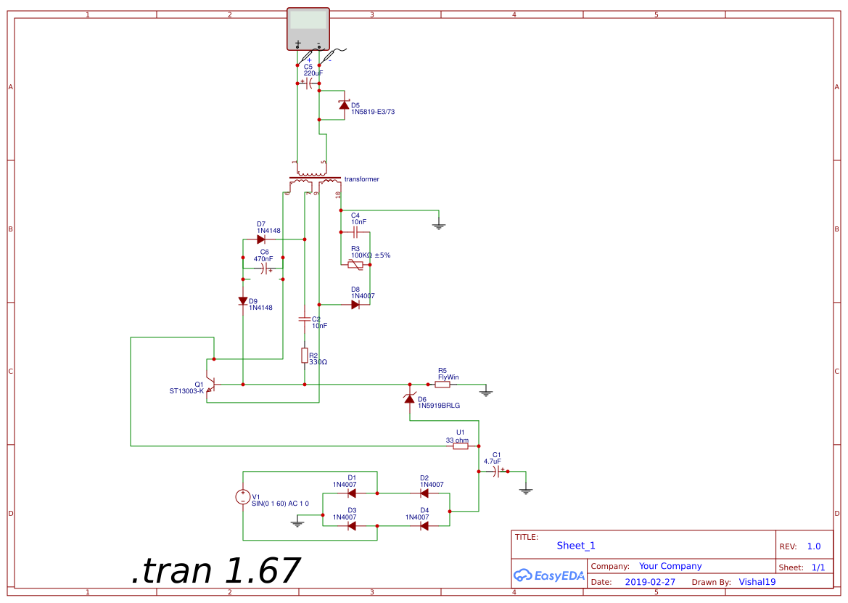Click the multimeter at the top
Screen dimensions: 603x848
point(308,29)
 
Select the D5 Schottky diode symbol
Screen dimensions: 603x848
point(345,106)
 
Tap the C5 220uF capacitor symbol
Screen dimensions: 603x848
point(308,83)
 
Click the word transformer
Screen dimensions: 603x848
point(361,179)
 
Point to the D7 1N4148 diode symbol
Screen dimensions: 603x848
point(261,239)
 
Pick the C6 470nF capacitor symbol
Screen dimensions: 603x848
point(263,269)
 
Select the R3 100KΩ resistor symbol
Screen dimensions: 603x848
point(355,265)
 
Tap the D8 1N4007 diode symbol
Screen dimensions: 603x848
point(355,305)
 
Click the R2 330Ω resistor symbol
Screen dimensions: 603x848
point(305,355)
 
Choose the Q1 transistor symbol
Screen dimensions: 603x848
point(210,384)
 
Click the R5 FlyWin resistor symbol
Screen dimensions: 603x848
point(442,385)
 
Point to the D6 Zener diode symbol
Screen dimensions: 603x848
point(410,398)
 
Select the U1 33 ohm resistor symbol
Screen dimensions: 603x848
point(461,446)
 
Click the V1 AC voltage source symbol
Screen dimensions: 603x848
point(243,497)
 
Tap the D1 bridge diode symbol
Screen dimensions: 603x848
point(352,493)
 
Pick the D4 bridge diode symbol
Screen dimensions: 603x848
point(424,525)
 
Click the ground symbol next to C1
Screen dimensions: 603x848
point(526,491)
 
